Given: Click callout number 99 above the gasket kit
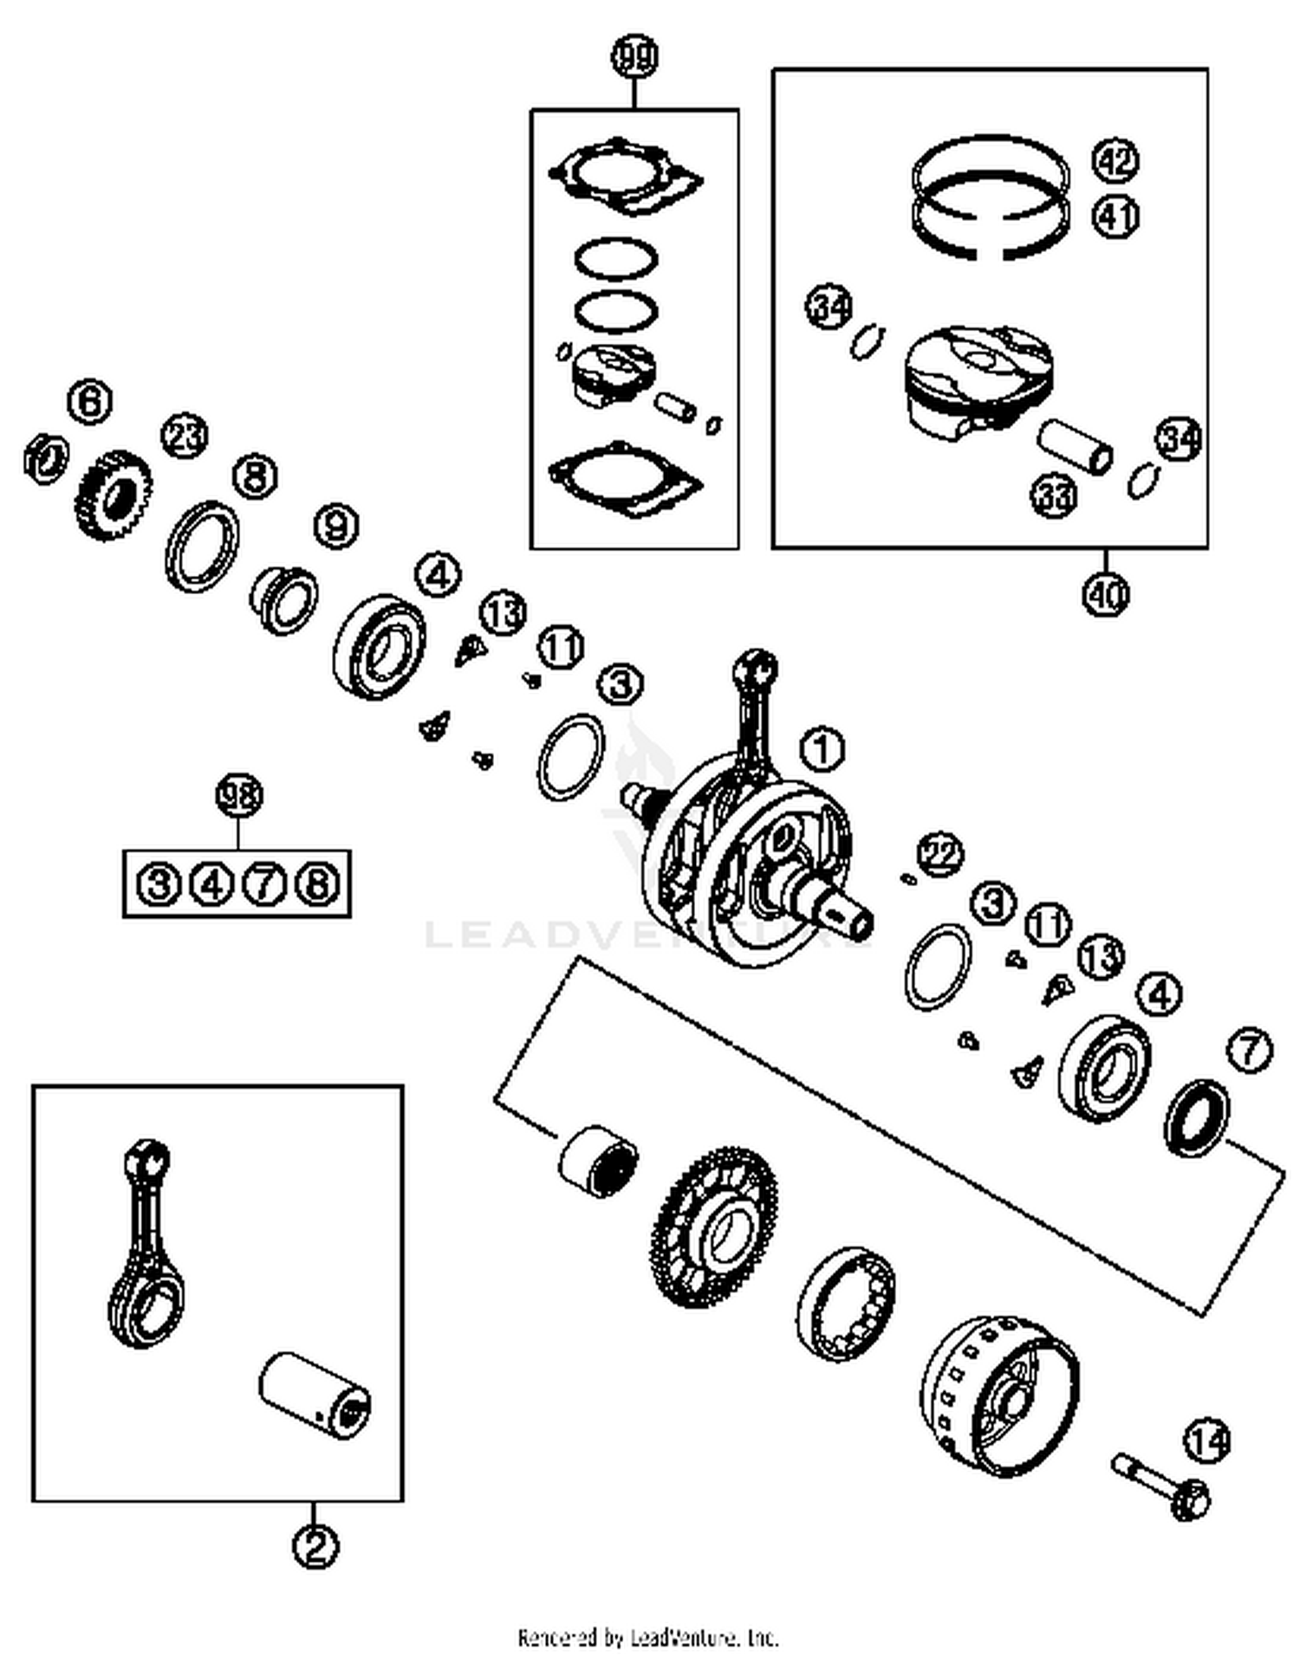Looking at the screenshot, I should [634, 57].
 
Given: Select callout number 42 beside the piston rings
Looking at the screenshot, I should [1115, 161].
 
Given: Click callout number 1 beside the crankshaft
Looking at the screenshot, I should [822, 748].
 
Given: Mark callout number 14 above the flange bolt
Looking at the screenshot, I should [1207, 1441].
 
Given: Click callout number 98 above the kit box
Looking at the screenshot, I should [238, 795].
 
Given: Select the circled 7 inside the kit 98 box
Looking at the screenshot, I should [264, 884].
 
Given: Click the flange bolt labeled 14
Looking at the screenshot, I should [1161, 1488].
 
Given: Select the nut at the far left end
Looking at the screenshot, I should [45, 458].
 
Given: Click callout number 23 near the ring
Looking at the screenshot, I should [185, 437].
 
